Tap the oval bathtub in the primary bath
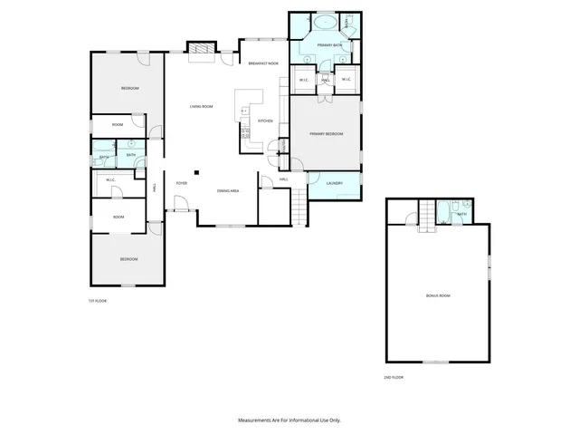click(x=324, y=21)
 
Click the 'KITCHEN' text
click(x=265, y=121)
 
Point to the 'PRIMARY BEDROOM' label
click(x=326, y=134)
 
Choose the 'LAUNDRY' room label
click(x=333, y=184)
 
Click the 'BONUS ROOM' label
click(x=438, y=296)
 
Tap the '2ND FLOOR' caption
click(x=392, y=375)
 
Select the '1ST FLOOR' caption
click(x=97, y=300)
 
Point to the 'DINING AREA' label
click(x=228, y=190)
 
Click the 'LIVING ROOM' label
click(x=201, y=107)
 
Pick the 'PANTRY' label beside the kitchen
click(x=283, y=145)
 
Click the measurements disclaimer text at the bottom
click(x=289, y=420)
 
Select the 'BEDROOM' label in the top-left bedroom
click(x=130, y=88)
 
